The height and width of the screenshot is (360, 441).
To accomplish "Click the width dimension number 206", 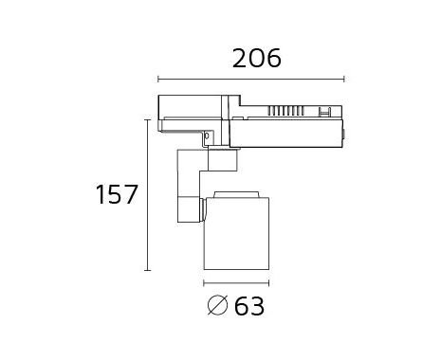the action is tap(256, 59).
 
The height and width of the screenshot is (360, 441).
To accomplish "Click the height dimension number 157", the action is tap(117, 194).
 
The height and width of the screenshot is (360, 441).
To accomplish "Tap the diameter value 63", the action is tap(249, 306).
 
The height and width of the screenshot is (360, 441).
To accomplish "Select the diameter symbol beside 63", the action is tap(217, 305).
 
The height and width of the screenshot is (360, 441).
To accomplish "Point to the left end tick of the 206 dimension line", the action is tap(158, 80).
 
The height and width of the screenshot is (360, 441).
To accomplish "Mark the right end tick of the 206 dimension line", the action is tap(344, 80).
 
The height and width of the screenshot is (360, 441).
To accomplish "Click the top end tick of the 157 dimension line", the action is tap(147, 120).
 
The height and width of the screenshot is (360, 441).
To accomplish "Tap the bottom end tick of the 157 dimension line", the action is tap(147, 270).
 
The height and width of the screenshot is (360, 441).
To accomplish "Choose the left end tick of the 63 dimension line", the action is tap(204, 283).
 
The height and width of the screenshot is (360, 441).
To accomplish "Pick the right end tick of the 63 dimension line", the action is tap(268, 283).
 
